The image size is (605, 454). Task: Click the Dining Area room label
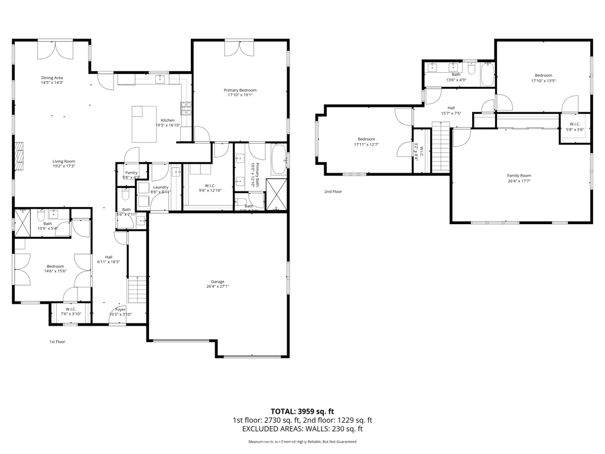pyautogui.click(x=52, y=78)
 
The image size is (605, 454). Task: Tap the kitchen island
pyautogui.click(x=145, y=124)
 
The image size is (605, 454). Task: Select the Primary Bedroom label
pyautogui.click(x=240, y=90)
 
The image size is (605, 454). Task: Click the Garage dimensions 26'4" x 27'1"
pyautogui.click(x=218, y=287)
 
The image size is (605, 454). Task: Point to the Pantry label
pyautogui.click(x=131, y=173)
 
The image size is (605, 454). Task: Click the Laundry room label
pyautogui.click(x=161, y=187)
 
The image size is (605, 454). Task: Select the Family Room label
pyautogui.click(x=519, y=176)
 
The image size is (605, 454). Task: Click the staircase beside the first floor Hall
pyautogui.click(x=137, y=288)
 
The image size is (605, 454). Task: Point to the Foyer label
pyautogui.click(x=121, y=310)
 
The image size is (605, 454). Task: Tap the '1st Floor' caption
pyautogui.click(x=57, y=342)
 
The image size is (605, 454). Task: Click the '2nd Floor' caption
pyautogui.click(x=333, y=192)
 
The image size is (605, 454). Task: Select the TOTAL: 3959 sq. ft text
pyautogui.click(x=302, y=411)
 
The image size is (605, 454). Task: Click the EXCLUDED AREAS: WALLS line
pyautogui.click(x=302, y=429)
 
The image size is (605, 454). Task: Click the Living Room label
pyautogui.click(x=64, y=161)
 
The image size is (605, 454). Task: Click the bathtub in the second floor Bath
pyautogui.click(x=487, y=74)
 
